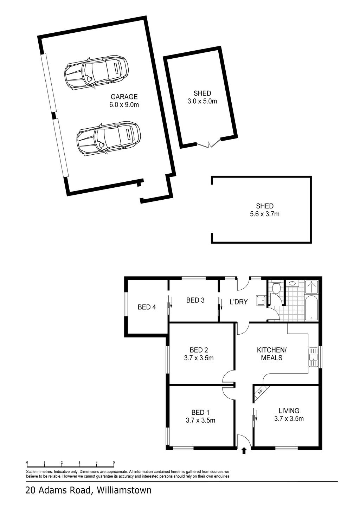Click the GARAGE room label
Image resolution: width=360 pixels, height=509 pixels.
click(124, 97)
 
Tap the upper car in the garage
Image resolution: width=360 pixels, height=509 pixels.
click(96, 73)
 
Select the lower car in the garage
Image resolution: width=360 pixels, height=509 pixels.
click(108, 138)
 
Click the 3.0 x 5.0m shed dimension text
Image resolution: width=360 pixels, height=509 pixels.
click(202, 101)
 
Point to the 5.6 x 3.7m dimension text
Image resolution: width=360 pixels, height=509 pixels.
click(264, 214)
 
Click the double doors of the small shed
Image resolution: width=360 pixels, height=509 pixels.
click(209, 143)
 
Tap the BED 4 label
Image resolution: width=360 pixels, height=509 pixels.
click(147, 307)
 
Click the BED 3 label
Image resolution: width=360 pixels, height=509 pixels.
click(195, 300)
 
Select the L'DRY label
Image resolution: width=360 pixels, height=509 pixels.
click(239, 302)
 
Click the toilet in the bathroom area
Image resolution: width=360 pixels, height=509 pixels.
click(276, 287)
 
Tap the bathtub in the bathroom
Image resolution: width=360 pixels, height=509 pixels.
click(311, 308)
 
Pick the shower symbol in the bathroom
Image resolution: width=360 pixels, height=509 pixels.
click(311, 287)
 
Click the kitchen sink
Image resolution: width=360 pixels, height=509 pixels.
click(313, 357)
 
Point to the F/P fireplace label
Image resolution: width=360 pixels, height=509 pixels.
click(260, 392)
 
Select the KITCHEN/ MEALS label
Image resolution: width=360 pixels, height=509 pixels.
click(272, 354)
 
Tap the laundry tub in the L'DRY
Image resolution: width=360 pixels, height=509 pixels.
click(261, 301)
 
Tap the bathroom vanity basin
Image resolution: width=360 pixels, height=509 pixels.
click(292, 283)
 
